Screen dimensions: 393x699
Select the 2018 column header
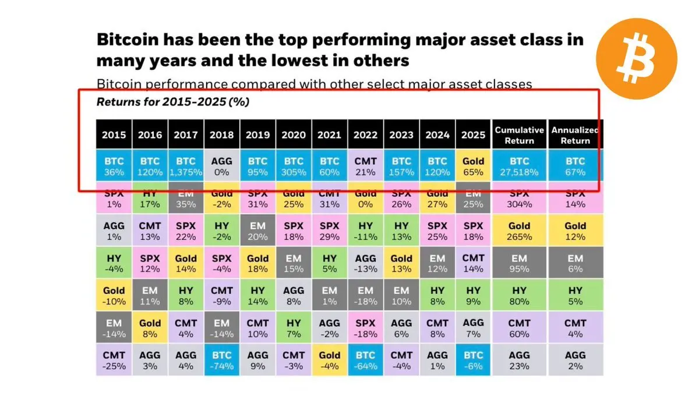[221, 134]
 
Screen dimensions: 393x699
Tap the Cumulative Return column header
[519, 134]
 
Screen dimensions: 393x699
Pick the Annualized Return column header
[575, 134]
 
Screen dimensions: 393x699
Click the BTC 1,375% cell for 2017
[186, 166]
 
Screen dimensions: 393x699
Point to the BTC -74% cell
[221, 360]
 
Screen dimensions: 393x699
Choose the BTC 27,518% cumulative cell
[519, 166]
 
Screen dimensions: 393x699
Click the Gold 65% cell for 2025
[473, 166]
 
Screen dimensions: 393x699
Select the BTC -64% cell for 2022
[365, 360]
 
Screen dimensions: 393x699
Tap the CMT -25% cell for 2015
[114, 360]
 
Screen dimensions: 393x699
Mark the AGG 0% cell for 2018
[221, 166]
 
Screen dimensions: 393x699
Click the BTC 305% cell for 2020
[294, 166]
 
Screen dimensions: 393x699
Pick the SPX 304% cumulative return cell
[519, 199]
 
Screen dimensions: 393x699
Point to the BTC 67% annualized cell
[575, 166]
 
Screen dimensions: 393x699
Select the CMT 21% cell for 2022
[365, 166]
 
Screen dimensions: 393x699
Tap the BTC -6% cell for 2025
[473, 360]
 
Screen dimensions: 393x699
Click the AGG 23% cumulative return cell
[519, 360]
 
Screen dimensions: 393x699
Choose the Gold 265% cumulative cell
[519, 231]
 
